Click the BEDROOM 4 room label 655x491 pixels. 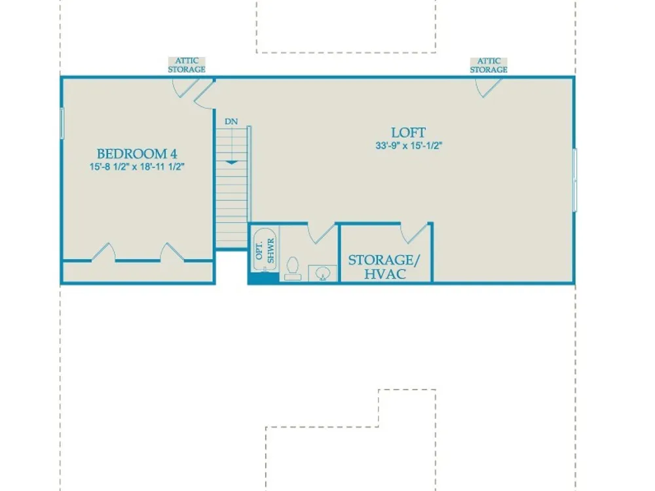137,154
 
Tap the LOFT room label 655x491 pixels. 408,133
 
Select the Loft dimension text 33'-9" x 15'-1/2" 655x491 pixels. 409,146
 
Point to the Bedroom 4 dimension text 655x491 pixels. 137,166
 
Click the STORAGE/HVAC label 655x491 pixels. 384,267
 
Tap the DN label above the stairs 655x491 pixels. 231,122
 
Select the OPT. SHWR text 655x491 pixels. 265,250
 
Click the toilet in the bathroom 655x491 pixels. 292,268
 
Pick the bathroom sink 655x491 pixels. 322,274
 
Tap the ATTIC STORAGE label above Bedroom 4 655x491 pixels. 187,65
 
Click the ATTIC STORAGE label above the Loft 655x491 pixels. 489,65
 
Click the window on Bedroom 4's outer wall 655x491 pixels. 62,123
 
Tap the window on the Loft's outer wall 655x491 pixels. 575,180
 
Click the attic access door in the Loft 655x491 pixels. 488,88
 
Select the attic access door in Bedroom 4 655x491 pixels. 185,88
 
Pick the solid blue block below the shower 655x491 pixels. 263,278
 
